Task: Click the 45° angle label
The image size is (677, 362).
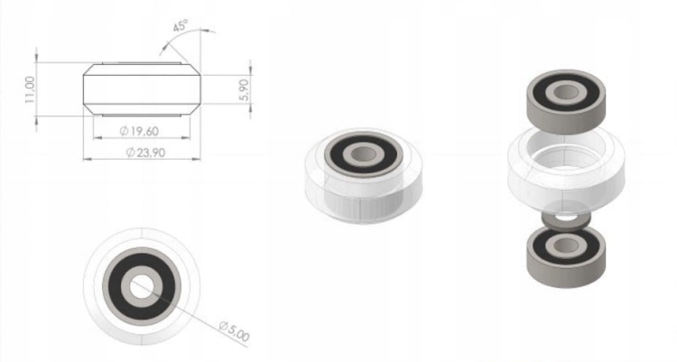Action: tap(181, 25)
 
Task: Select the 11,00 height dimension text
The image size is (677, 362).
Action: tap(30, 90)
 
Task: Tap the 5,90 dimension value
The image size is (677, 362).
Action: tap(245, 90)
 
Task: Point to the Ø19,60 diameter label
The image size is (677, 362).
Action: tap(139, 131)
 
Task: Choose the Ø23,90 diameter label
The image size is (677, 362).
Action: tap(145, 153)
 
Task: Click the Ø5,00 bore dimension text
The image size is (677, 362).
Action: tap(234, 331)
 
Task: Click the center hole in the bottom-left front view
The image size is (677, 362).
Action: tap(142, 286)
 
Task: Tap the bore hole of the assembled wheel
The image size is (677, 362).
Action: tap(363, 153)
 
